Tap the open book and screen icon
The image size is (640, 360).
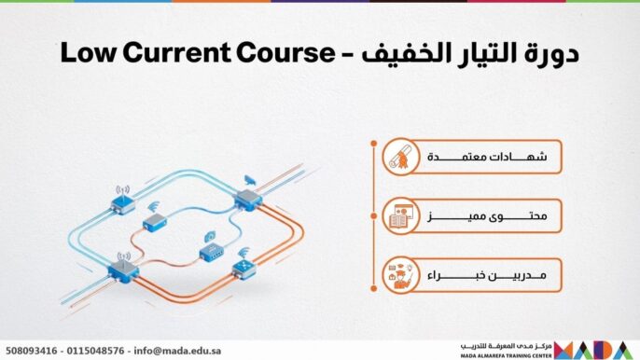[399, 217]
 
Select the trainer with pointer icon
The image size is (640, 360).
[399, 276]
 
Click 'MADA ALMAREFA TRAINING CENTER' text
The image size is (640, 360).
[505, 355]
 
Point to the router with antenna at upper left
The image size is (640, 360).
[122, 204]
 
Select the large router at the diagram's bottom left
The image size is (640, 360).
[123, 270]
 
